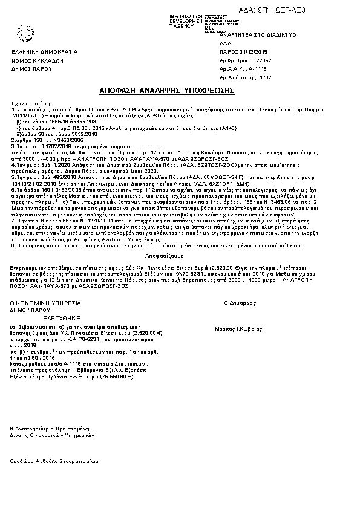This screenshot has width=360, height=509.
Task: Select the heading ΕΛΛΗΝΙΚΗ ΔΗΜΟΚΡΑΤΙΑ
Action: [x=45, y=53]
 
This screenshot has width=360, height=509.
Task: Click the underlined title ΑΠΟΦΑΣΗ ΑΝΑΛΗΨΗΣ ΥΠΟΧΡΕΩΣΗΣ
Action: [x=167, y=90]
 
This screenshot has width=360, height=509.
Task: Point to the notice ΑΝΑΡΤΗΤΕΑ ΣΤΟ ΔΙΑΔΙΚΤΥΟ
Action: [x=253, y=35]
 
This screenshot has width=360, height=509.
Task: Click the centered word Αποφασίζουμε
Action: [x=180, y=256]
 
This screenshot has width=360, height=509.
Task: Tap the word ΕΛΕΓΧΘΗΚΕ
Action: [x=44, y=317]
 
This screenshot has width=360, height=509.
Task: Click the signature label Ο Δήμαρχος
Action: [x=240, y=302]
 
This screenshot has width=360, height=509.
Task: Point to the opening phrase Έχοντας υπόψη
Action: [x=28, y=104]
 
